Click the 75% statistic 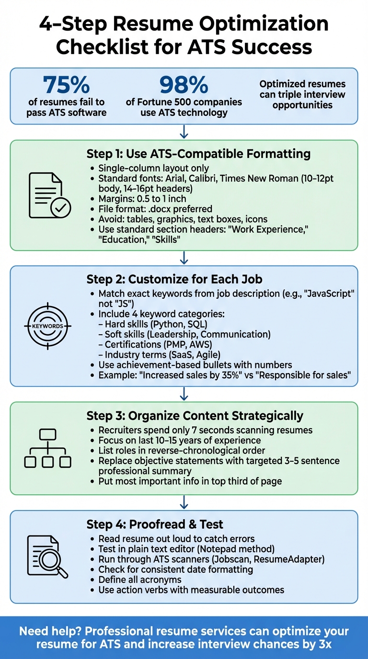[x=66, y=85]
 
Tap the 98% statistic [x=184, y=85]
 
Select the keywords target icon [x=48, y=326]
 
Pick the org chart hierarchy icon [x=48, y=448]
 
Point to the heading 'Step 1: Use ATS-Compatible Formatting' [x=198, y=154]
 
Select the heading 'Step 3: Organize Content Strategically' [x=195, y=415]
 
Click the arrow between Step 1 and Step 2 [x=184, y=258]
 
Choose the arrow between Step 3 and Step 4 [x=184, y=502]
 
